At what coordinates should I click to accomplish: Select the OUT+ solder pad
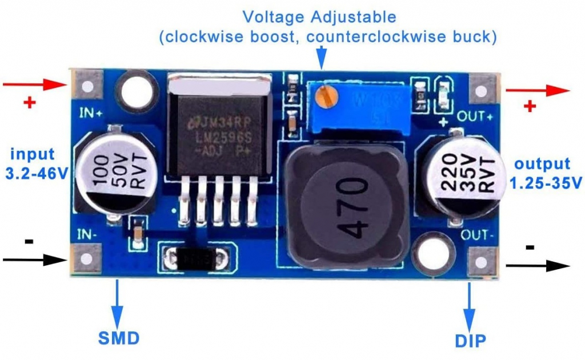[484, 91]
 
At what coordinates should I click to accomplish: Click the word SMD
[118, 338]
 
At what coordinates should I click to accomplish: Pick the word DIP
[471, 342]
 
